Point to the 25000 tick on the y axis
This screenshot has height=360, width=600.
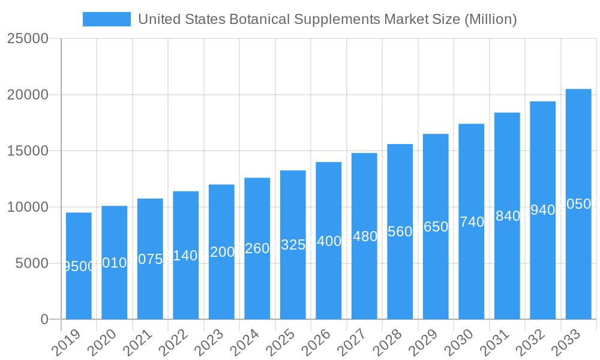point(28,39)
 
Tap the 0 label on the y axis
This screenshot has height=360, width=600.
point(44,320)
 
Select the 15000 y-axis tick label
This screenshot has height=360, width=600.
point(28,151)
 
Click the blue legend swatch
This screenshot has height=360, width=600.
point(107,19)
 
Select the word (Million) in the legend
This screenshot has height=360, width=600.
point(490,19)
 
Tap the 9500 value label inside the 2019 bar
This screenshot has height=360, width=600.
point(79,266)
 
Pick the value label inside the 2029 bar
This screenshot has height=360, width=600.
point(436,227)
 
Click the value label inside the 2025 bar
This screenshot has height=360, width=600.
point(293,245)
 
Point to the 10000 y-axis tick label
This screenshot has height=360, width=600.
point(28,208)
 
